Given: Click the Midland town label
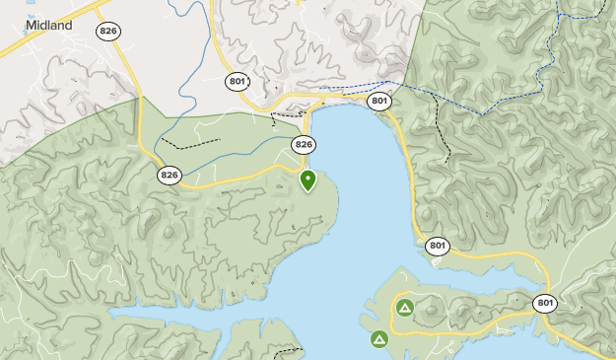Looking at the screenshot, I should click(x=49, y=25).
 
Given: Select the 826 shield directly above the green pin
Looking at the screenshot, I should click(x=304, y=145).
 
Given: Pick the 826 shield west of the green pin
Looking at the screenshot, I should click(x=170, y=175).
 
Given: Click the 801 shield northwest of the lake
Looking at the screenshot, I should click(x=236, y=81).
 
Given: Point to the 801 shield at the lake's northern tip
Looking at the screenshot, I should click(x=380, y=101).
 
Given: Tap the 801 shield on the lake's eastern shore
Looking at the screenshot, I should click(x=439, y=246).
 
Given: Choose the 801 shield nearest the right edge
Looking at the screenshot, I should click(x=545, y=302).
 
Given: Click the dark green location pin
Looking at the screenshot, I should click(x=308, y=180).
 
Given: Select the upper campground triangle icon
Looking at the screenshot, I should click(x=404, y=308).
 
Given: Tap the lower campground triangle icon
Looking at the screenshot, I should click(x=379, y=339).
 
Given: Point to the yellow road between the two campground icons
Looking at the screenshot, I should click(x=394, y=325).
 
